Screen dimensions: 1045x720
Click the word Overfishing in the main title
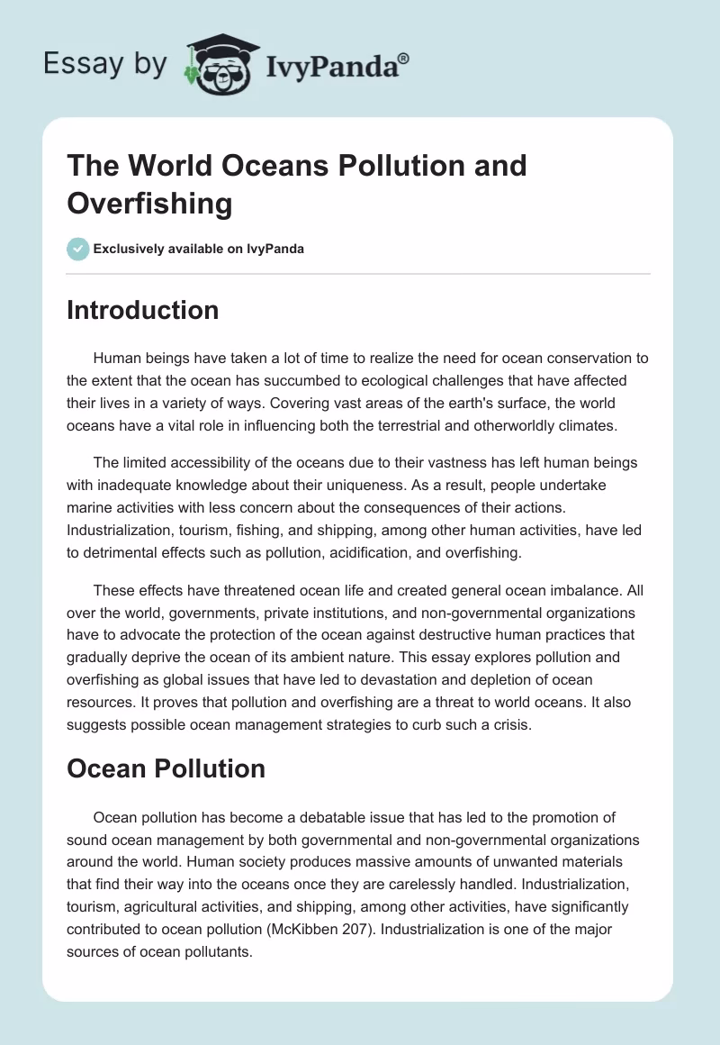tap(149, 203)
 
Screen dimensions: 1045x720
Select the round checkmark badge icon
tap(77, 249)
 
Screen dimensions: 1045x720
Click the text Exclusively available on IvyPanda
tap(199, 249)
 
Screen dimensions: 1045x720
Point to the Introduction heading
tap(142, 310)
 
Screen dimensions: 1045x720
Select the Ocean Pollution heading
tap(166, 768)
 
